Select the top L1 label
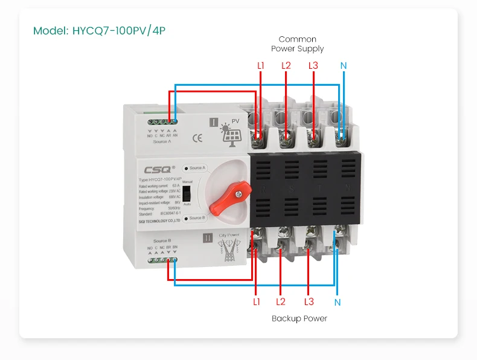coord(261,65)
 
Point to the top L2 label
coord(286,65)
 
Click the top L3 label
coord(313,65)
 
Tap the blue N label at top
coord(344,65)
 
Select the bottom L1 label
coord(257,301)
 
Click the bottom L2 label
coord(281,301)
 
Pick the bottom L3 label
coord(309,301)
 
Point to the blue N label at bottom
coord(338,302)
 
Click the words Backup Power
coord(299,318)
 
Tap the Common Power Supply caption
coord(297,44)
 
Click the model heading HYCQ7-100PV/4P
coord(99,30)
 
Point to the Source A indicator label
coord(197,167)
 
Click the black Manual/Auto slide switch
coord(187,193)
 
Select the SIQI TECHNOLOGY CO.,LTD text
coord(155,222)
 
